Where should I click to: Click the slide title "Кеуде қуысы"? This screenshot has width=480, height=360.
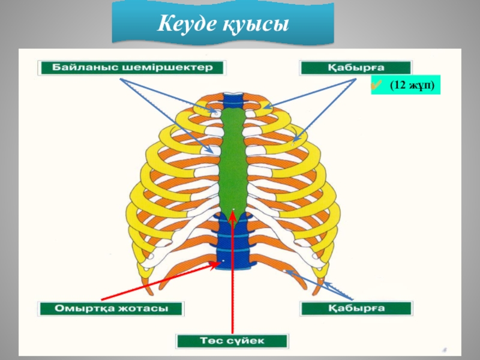point(223,25)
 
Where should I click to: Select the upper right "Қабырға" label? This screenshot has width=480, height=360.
point(355,67)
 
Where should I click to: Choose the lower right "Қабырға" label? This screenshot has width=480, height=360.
point(356,309)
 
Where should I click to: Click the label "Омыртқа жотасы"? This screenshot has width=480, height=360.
point(112,309)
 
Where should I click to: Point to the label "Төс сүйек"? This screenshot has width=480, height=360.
point(232,341)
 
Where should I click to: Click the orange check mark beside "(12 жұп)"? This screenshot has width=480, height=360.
point(376,86)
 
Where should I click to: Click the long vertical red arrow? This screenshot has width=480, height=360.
point(231,276)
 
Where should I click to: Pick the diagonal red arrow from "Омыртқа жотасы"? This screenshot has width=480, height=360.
point(156,281)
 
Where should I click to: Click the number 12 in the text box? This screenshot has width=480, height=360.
point(398,86)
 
